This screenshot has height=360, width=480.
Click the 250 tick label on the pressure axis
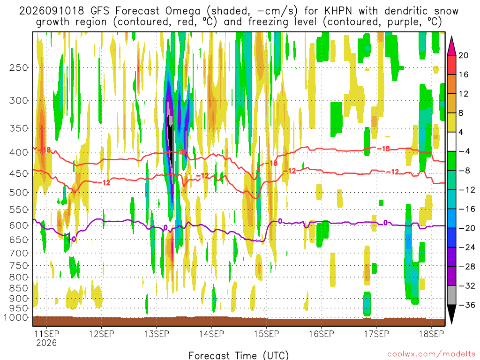19,67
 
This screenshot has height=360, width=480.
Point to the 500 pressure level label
19,193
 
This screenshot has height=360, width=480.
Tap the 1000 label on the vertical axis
16,318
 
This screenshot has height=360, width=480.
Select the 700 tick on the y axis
19,253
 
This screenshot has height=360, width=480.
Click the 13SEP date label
157,334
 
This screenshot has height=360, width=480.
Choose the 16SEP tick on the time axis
322,334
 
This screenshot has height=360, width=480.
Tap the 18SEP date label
431,334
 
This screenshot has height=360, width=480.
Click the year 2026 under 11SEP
46,343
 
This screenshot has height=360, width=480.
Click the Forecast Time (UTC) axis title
239,355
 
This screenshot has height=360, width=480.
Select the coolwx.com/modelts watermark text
431,354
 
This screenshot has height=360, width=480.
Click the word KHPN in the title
338,11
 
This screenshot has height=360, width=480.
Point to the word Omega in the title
183,11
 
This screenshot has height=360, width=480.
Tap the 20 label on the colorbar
463,55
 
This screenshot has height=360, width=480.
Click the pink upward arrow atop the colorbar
451,46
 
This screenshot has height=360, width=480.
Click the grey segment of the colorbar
451,295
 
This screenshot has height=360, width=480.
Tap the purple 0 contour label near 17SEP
385,223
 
